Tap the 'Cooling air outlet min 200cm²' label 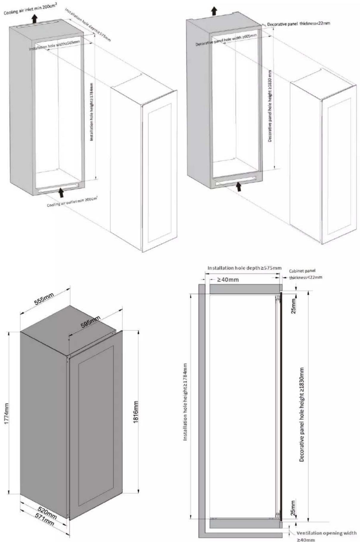[x=72, y=202]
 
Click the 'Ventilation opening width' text [x=327, y=533]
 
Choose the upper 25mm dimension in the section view [x=293, y=306]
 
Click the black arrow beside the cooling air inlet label [x=35, y=19]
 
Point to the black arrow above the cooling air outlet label [x=61, y=192]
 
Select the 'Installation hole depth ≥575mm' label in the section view [x=244, y=268]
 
